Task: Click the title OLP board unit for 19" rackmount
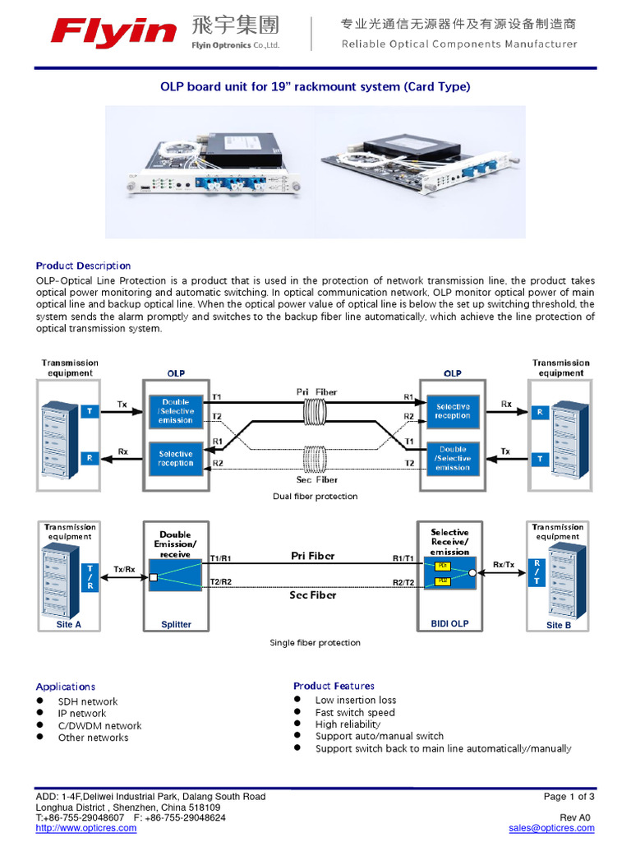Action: [314, 86]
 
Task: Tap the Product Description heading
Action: [83, 266]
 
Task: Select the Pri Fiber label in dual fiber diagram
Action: [316, 392]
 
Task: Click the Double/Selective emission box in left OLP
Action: [176, 411]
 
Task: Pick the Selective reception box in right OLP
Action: [453, 411]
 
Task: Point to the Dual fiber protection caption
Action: [315, 497]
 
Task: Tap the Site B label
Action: [559, 625]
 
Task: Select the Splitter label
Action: [176, 625]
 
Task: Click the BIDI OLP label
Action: [449, 624]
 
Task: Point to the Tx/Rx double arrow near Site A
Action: [124, 579]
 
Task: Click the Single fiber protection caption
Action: [315, 643]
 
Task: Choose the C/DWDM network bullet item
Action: [99, 726]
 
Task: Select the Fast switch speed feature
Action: [355, 713]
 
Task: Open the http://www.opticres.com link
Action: [86, 828]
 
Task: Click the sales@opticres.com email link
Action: [551, 828]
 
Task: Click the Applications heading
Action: [66, 687]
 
